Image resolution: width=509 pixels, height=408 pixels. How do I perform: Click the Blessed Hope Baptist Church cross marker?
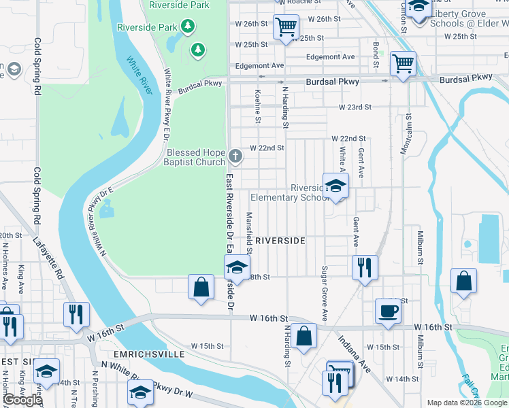tap(235, 157)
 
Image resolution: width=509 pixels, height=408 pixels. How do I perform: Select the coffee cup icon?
tap(388, 311)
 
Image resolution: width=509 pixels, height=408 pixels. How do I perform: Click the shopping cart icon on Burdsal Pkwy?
tap(403, 64)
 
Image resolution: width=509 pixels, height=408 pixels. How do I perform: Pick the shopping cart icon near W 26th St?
tap(286, 27)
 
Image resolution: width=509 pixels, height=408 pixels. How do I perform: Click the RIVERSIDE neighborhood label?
tap(280, 241)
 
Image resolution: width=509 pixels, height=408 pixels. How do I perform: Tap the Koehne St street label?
tap(258, 107)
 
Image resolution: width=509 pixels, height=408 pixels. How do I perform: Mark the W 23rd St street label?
tap(356, 107)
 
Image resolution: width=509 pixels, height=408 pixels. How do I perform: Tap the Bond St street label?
tap(376, 55)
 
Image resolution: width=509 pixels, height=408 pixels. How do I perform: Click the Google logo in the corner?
tap(22, 400)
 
